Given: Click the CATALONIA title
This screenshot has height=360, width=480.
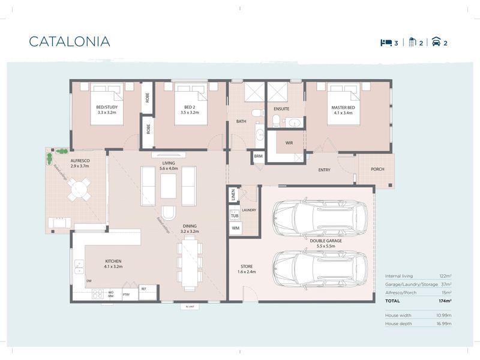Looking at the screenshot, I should pos(70,41).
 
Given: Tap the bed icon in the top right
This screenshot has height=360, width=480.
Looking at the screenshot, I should pos(385,43).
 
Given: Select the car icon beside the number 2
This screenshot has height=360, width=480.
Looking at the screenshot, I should pos(436,43).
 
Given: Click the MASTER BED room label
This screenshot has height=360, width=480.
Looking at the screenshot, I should pos(343,110).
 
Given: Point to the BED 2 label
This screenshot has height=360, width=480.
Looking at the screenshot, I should pos(190,110).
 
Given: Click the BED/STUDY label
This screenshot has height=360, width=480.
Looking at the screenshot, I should pos(106,110).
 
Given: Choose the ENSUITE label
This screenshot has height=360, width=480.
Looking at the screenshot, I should pos(281,109).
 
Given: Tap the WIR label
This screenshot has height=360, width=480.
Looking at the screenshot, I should pos(289,143).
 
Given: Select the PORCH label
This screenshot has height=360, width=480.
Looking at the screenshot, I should pos(377,169).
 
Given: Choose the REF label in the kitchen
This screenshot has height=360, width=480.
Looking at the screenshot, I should pos(143,289).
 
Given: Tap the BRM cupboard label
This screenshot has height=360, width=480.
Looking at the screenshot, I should pos(258,156).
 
